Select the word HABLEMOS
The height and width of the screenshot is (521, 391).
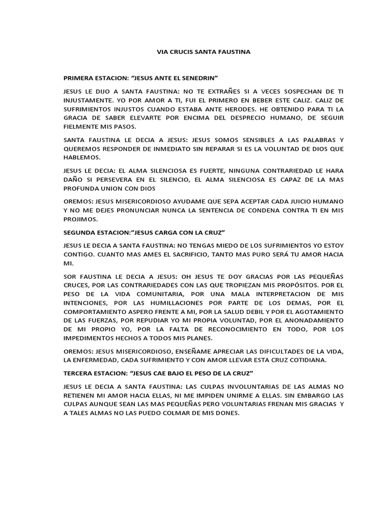click(81, 158)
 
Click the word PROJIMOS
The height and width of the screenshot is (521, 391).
click(80, 219)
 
